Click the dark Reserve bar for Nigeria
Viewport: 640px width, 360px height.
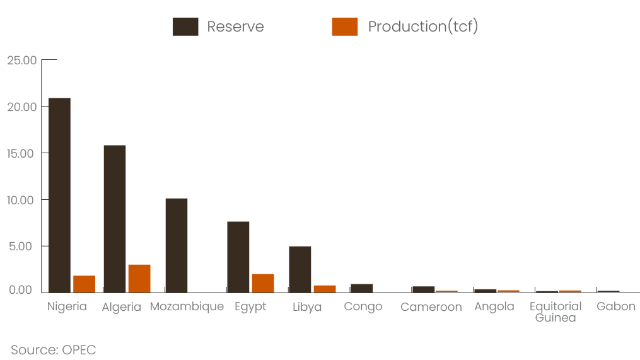tap(60, 195)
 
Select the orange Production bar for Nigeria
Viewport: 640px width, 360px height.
tap(84, 284)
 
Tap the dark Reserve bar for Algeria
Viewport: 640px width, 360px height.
tap(115, 219)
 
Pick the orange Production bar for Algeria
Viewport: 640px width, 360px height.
tap(139, 279)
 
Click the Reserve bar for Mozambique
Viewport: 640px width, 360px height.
tap(177, 246)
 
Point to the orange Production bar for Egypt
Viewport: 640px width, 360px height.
tap(263, 283)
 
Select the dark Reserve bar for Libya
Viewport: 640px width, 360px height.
tap(300, 269)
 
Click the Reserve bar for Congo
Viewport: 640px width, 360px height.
tap(362, 288)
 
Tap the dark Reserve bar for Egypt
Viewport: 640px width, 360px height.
tap(238, 257)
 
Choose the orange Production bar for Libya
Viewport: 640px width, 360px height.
tap(325, 289)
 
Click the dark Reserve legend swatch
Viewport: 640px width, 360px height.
tap(185, 26)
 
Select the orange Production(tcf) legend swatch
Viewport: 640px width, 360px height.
tap(345, 26)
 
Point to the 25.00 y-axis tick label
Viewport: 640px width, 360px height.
tap(21, 61)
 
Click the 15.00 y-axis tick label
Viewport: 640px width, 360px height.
tap(20, 153)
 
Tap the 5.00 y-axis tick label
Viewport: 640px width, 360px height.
tap(20, 247)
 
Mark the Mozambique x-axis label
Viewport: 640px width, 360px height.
tap(187, 307)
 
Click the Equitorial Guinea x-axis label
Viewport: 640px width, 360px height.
tap(556, 312)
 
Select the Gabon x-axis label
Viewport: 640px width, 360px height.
tap(616, 306)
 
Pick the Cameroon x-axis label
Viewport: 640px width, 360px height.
tap(431, 307)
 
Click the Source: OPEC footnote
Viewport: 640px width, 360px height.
tap(54, 350)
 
